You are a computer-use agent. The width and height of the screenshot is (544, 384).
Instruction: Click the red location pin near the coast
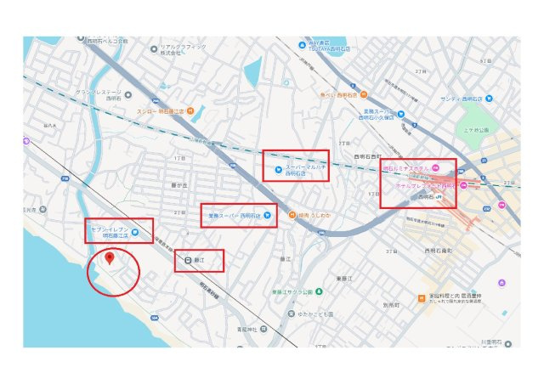click(x=110, y=258)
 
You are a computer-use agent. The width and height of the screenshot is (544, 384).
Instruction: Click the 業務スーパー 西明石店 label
click(x=234, y=214)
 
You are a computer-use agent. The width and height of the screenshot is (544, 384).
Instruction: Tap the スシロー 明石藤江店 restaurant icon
click(x=190, y=110)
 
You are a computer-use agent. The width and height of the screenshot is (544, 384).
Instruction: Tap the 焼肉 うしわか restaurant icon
click(x=292, y=214)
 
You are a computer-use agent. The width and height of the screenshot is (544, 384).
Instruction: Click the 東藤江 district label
click(x=343, y=279)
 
